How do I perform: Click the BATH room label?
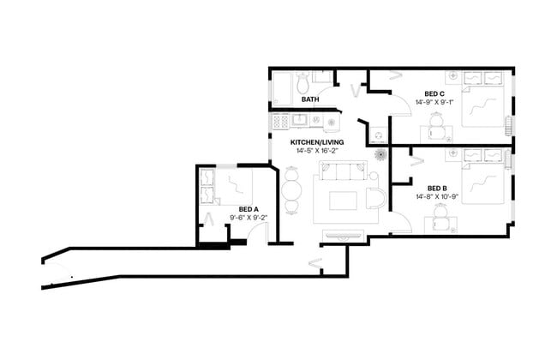[310, 99]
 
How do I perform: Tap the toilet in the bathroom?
[303, 82]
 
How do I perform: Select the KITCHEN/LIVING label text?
[317, 142]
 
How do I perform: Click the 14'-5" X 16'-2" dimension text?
[317, 151]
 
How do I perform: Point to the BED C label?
[434, 94]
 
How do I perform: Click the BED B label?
[437, 189]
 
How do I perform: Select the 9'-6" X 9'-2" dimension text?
[249, 218]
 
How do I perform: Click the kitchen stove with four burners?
[280, 122]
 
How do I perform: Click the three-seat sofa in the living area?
[343, 171]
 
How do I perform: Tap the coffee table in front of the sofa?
[343, 201]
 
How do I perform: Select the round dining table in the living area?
[291, 189]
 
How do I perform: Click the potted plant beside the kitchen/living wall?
[380, 154]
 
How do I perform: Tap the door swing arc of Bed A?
[254, 231]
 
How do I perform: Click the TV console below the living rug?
[343, 235]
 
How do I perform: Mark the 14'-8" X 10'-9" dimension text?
[437, 197]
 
